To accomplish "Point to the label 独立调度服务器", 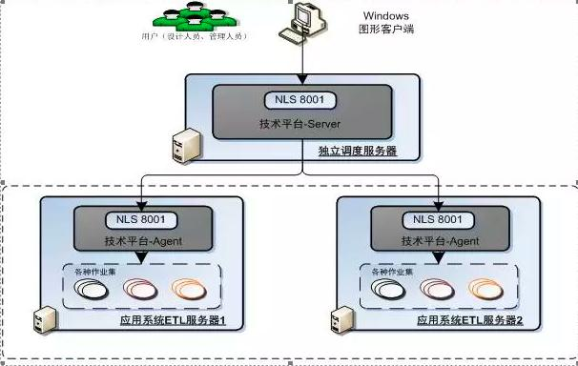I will [x=357, y=152].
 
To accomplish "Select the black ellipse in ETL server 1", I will [x=92, y=291].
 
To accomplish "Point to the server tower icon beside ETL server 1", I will [x=41, y=317].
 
